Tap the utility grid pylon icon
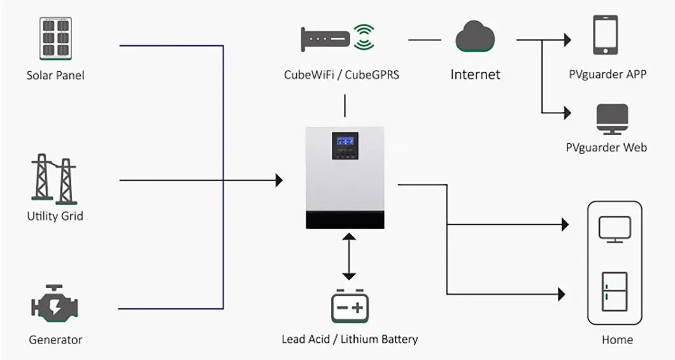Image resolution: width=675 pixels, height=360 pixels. [54, 178]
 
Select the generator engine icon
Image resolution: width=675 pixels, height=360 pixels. [55, 305]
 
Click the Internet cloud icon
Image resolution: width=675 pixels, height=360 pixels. [475, 38]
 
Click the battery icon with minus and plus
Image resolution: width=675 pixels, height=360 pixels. [349, 306]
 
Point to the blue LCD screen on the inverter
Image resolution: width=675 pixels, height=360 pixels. [345, 141]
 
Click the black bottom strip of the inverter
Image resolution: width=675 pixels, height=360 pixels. [345, 220]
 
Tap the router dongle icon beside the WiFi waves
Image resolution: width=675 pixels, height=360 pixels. [325, 38]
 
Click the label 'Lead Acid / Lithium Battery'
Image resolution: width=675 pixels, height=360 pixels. [349, 339]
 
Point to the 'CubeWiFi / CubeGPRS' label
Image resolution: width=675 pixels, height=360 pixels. [341, 75]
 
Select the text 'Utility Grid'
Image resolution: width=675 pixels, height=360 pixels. [55, 216]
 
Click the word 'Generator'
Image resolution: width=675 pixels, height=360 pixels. [55, 340]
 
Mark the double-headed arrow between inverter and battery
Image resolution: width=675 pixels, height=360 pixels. [348, 257]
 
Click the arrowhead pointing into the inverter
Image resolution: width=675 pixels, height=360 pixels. [278, 180]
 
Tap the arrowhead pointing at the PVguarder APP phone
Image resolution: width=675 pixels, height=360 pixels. [567, 40]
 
